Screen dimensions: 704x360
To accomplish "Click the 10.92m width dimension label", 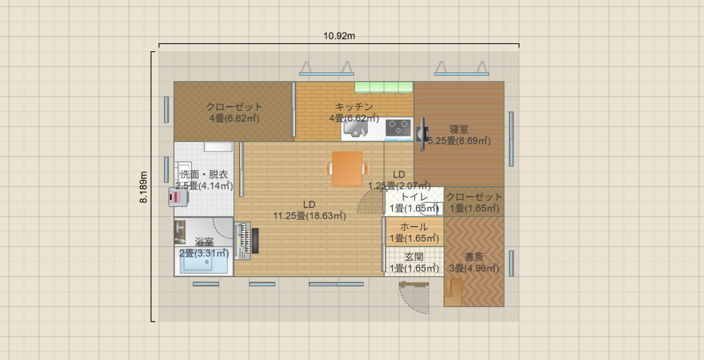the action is tap(339, 36).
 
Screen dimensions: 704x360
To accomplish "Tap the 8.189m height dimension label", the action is tap(143, 187).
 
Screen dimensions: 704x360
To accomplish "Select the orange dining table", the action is tap(347, 169).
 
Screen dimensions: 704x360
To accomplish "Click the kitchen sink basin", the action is tap(355, 129).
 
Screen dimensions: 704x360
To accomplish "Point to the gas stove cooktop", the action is tap(398, 129).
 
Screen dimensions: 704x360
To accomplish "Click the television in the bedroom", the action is tap(422, 134).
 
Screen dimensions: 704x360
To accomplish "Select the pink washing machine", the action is tap(178, 197).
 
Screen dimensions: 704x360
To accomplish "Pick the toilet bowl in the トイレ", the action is tap(431, 209).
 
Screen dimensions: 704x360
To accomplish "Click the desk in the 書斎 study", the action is tap(453, 292).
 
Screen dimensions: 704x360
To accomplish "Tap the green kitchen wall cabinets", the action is tap(384, 87).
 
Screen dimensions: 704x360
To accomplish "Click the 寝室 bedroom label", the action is tap(459, 129).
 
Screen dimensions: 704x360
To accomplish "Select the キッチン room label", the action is tap(354, 107).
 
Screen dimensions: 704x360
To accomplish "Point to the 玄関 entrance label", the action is tap(414, 257).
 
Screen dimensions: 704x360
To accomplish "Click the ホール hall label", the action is tap(414, 227).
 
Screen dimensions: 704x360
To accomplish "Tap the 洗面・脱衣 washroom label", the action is tap(204, 174).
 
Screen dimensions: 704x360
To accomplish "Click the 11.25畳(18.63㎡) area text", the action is tap(309, 216).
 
